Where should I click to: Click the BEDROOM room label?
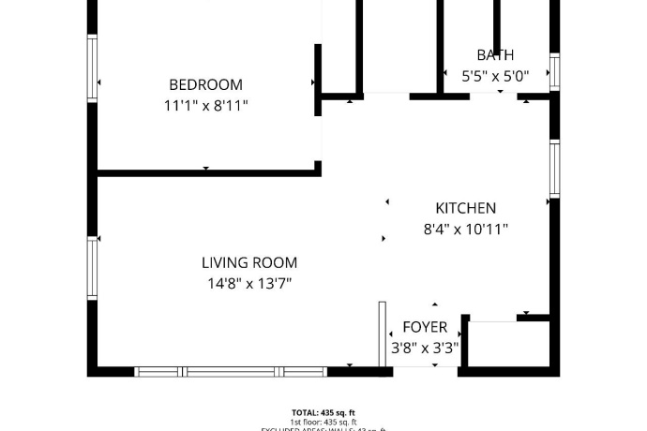tap(205, 84)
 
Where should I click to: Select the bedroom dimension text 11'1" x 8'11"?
tap(205, 106)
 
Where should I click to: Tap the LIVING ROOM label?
tap(249, 263)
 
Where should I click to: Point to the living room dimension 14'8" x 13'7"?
tap(249, 284)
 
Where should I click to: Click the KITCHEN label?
tap(465, 208)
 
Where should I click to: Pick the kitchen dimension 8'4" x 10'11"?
tap(465, 229)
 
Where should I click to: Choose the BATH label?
tap(495, 55)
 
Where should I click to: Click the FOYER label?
tap(425, 327)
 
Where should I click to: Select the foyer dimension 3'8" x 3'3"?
tap(425, 348)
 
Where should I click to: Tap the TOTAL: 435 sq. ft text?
tap(323, 412)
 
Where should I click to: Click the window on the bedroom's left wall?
tap(92, 66)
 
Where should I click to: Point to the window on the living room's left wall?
tap(92, 267)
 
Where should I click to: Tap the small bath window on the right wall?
tap(554, 71)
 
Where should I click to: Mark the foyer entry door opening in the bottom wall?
tap(425, 370)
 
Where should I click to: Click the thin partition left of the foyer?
tap(383, 333)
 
